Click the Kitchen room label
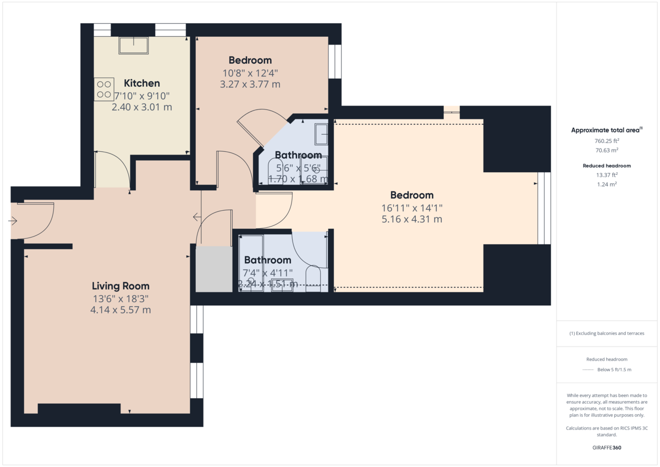[x=142, y=84]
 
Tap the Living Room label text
[x=120, y=286]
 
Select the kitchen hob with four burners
[x=103, y=89]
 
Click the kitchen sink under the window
[x=134, y=45]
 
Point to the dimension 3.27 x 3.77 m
[x=250, y=84]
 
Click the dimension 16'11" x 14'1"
[x=412, y=207]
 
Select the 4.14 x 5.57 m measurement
[x=120, y=310]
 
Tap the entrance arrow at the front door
[x=13, y=221]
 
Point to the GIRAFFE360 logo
[x=606, y=448]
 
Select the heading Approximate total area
[x=605, y=130]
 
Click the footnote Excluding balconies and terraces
[x=606, y=333]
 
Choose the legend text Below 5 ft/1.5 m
[x=614, y=370]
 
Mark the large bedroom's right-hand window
[x=544, y=208]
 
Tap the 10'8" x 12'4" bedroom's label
[x=250, y=61]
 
